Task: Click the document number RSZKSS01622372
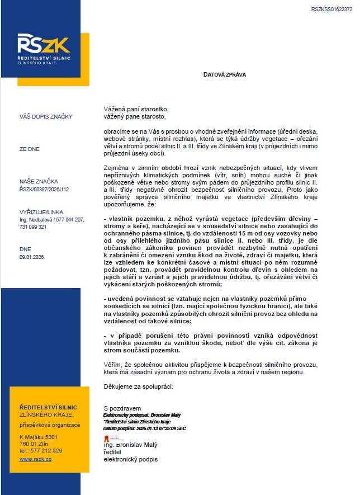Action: click(331, 10)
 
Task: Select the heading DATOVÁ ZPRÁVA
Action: click(224, 74)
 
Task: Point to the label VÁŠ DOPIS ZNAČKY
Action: click(46, 117)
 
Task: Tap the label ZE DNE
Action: click(30, 150)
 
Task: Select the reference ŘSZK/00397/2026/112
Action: click(45, 189)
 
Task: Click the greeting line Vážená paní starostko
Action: click(135, 109)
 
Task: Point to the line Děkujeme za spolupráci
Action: click(139, 386)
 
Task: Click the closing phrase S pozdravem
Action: click(122, 408)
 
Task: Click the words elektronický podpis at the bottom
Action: click(131, 459)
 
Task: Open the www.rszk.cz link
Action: click(35, 459)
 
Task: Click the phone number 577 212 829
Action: click(47, 450)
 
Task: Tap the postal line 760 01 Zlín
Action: click(35, 444)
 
